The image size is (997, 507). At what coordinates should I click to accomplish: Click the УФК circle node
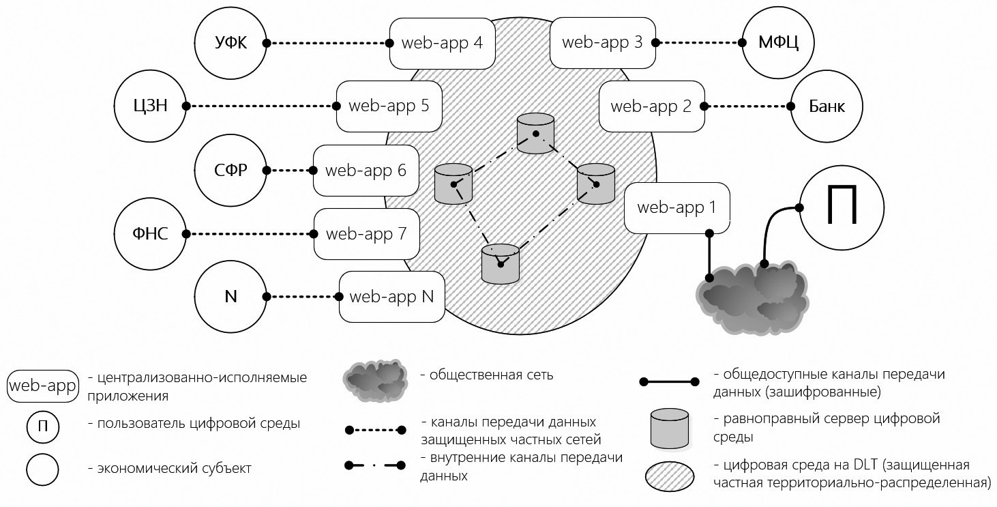230,43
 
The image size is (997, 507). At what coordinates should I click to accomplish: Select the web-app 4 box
442,43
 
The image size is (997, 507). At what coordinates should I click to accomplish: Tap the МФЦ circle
778,43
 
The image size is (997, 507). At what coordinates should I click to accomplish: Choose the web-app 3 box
602,42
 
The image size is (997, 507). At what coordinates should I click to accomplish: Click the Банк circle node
827,106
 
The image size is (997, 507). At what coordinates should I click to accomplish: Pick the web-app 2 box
651,106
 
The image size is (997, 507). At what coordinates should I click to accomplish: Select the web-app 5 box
389,106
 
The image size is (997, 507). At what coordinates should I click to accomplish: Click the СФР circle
230,171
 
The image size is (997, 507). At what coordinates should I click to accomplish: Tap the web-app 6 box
366,171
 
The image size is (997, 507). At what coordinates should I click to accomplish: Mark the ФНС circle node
150,234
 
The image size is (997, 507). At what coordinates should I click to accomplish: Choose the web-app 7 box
366,234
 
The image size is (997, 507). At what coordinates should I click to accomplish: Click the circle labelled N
230,297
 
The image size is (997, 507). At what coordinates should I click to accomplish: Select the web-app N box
391,297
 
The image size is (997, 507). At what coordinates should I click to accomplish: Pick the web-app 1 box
676,207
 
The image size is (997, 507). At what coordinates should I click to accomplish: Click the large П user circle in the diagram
840,208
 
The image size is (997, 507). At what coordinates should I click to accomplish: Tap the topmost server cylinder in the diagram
535,134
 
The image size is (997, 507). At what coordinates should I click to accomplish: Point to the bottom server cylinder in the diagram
501,264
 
